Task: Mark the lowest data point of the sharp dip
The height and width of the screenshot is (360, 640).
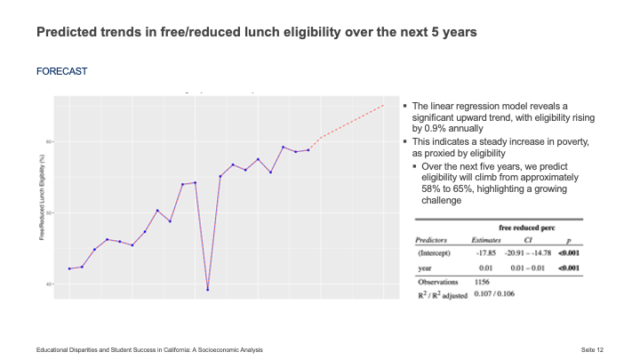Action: tap(207, 290)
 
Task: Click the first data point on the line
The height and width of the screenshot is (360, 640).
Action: tap(69, 268)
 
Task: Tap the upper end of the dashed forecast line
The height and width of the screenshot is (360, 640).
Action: tap(383, 106)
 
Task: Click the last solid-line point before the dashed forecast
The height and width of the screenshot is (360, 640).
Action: tap(308, 150)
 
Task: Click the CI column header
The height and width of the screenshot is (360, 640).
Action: tap(530, 239)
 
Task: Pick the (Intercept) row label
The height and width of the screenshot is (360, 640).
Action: tap(436, 253)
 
